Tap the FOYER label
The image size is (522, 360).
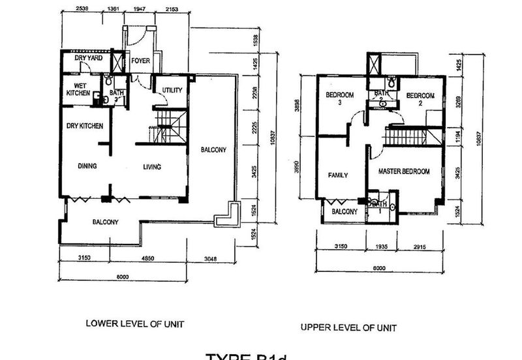click(140, 61)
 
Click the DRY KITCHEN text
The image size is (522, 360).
click(84, 126)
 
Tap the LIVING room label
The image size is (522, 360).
click(151, 167)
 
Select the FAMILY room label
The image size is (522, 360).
click(337, 175)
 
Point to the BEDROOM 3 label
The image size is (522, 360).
click(340, 99)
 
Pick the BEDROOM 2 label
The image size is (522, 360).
click(420, 99)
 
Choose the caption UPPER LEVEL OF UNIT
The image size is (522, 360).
click(348, 327)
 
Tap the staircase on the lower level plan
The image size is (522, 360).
click(170, 126)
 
